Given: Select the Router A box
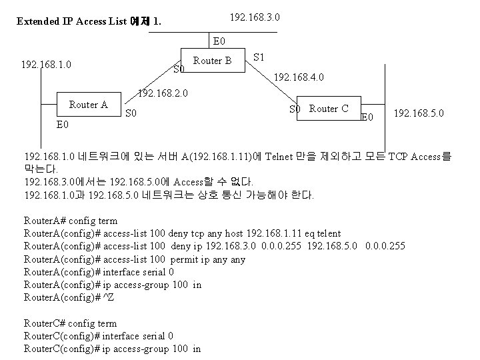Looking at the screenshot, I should coord(88,105).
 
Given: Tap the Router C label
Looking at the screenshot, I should coord(329,109).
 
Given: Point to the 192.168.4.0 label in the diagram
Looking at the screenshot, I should coord(299,77).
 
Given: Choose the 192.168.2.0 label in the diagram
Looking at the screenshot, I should coord(162,93).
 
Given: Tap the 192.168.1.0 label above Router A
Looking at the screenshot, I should coord(47,65).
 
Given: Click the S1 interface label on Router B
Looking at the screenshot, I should coord(260,57).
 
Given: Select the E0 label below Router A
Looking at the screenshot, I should coord(63,124).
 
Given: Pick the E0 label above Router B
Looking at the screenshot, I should coord(219,41).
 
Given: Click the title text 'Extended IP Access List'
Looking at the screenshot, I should coord(72,21).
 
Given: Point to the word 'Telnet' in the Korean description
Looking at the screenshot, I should coord(280,157).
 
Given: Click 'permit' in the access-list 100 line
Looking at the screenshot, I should coord(185,259).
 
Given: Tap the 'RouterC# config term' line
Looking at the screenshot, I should coord(70,323).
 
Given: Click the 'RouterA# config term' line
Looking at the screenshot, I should coord(70,221).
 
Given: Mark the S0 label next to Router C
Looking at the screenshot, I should coord(295,109).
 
